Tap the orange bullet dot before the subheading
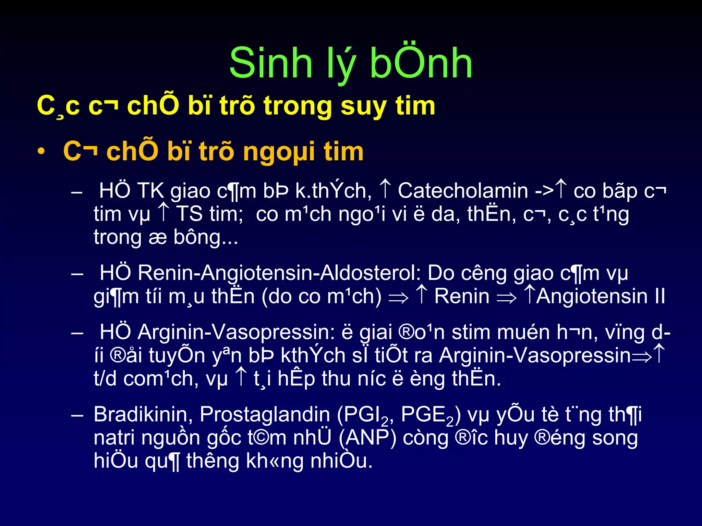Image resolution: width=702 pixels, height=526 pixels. [x=41, y=152]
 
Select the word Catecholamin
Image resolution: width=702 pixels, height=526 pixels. [x=463, y=191]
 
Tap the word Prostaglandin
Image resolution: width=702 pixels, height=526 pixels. [x=265, y=414]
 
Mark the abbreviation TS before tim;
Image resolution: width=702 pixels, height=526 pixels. [x=189, y=214]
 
